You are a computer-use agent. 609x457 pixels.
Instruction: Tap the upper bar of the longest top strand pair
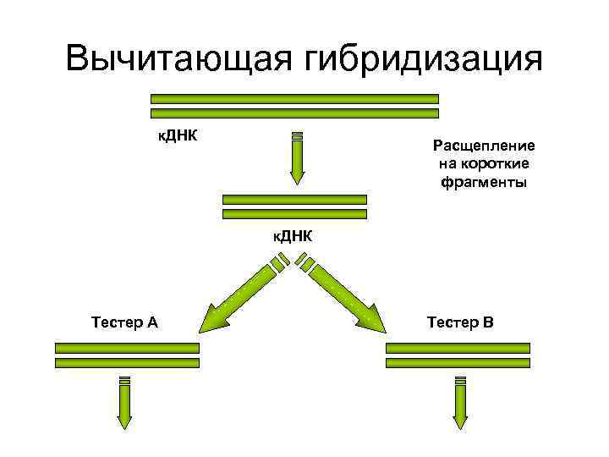[x=294, y=99]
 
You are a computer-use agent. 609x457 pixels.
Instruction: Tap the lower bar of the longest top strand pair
[x=294, y=113]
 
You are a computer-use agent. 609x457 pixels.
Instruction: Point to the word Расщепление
[x=483, y=146]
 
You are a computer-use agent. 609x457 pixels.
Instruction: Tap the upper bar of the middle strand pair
[x=294, y=200]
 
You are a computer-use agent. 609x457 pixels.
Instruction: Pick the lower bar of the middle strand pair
[x=294, y=213]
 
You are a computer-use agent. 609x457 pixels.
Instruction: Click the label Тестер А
[x=123, y=322]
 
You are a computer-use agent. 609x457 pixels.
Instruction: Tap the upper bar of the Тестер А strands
[x=127, y=348]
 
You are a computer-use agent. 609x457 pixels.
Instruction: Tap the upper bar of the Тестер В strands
[x=458, y=348]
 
